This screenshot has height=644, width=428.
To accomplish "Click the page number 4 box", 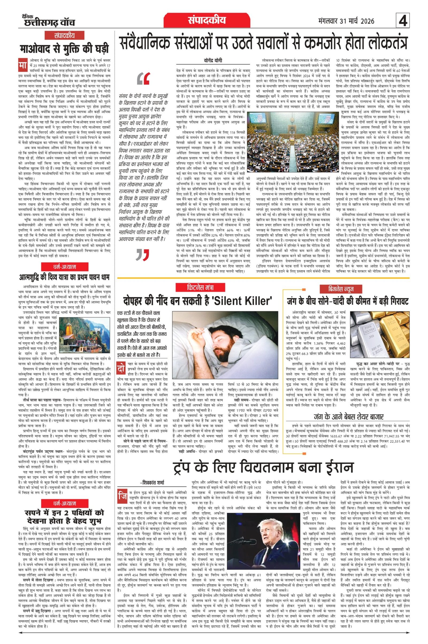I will [403, 21].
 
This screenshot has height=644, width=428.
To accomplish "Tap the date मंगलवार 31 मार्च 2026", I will [346, 21].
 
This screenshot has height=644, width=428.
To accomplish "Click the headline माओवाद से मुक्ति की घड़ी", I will [64, 49].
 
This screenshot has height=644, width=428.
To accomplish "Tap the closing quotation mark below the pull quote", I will [142, 255].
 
